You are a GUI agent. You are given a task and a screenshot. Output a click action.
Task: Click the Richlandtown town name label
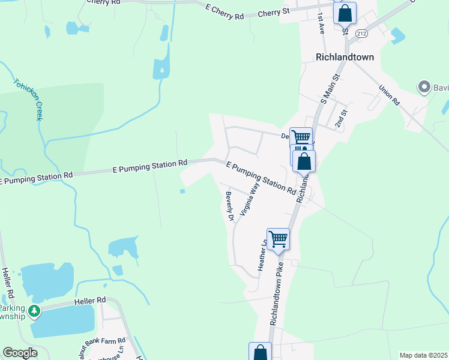coord(345,57)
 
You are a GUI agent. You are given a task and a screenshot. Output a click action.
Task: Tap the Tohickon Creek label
coord(28,99)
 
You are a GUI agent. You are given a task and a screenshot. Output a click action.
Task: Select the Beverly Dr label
coord(229,206)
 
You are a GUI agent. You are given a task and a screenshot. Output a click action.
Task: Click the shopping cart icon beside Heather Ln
coord(278,239)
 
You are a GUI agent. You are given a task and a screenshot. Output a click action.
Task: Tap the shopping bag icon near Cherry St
coord(345,12)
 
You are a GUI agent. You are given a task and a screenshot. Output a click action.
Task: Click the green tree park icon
coord(35,310)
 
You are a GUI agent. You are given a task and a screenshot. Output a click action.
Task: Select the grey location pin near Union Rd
coord(425,86)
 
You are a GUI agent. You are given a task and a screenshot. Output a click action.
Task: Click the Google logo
coord(20,353)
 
